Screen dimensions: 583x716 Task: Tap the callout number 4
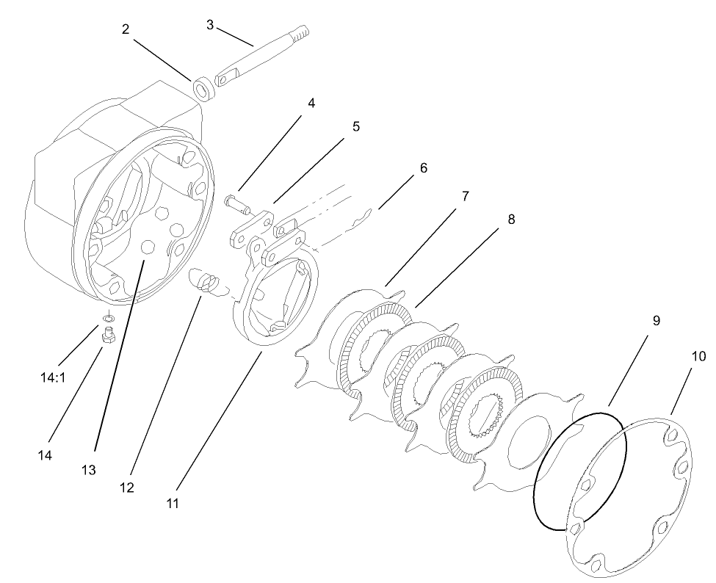[x=311, y=103]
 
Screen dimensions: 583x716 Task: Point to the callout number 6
[x=423, y=167]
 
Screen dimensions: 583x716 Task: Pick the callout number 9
[x=656, y=320]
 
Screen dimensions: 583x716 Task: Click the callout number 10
[x=698, y=357]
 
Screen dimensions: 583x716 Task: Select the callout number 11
[x=173, y=504]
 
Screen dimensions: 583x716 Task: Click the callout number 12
[x=127, y=487]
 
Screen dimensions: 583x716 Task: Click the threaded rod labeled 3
[x=268, y=55]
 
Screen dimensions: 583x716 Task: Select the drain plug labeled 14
[x=106, y=336]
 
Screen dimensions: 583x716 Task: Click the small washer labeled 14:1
[x=108, y=318]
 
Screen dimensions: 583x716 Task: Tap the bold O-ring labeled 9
[x=580, y=470]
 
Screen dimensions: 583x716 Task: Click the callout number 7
[x=465, y=197]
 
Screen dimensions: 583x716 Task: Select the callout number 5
[x=355, y=126]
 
